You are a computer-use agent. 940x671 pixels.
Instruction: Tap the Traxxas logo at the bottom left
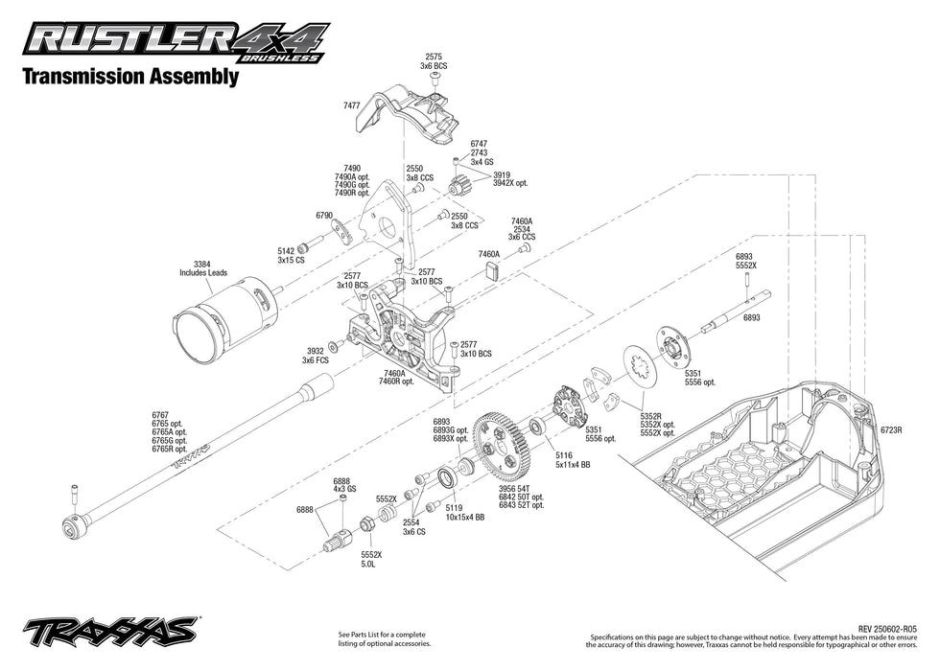click(x=110, y=633)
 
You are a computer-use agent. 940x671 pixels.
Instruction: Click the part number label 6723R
click(x=892, y=430)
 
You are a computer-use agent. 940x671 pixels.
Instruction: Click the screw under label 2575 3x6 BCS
click(x=435, y=76)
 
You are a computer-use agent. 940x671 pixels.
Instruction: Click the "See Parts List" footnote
click(x=382, y=638)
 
